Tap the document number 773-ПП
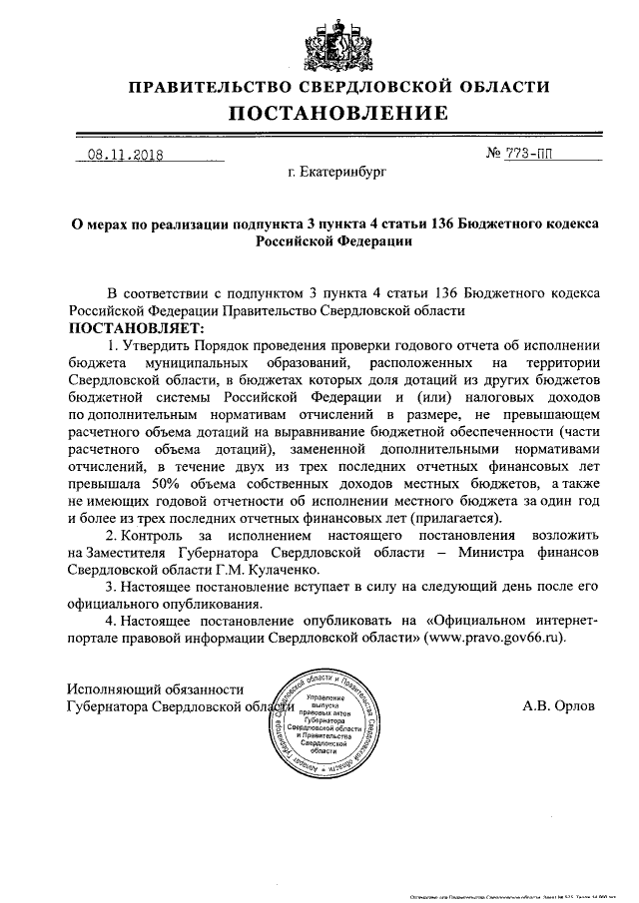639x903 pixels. pyautogui.click(x=547, y=155)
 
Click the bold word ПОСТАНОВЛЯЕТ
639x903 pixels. pyautogui.click(x=134, y=327)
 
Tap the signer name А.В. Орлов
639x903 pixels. pyautogui.click(x=558, y=704)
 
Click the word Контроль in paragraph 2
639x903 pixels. pyautogui.click(x=162, y=534)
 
